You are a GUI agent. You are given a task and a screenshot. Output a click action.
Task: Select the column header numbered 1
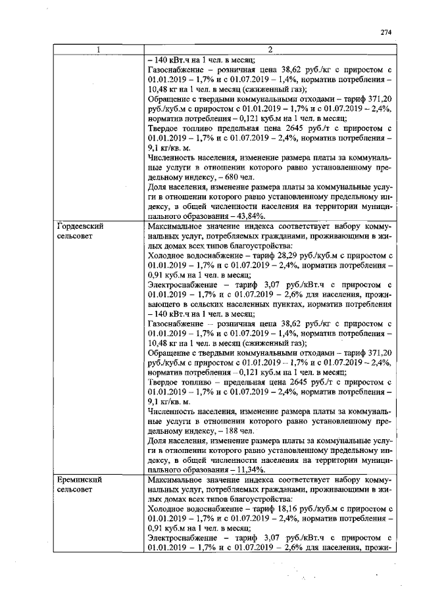99,50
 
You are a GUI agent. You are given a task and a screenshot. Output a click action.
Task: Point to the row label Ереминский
79,481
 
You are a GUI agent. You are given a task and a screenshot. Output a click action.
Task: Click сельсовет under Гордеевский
75,235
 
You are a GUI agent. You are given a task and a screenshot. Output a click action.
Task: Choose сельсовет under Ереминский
75,490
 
